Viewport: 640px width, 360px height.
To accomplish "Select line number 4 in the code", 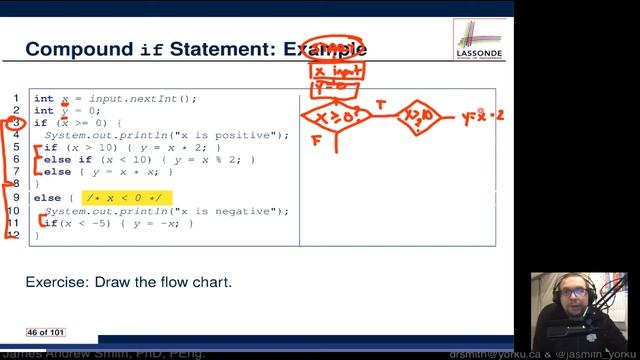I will click(15, 135).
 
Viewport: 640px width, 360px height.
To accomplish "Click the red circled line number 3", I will click(15, 123).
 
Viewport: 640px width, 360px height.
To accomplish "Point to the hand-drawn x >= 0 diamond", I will click(334, 118).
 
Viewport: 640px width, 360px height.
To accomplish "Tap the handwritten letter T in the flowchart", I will click(381, 104).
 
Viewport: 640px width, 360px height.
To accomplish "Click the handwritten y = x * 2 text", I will click(483, 116).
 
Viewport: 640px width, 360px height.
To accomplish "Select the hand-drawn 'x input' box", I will click(336, 72).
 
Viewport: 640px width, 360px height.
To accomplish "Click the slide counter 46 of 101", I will click(46, 331).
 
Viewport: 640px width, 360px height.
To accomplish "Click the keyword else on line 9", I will click(46, 198).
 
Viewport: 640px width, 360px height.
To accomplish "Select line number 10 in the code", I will click(14, 211).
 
